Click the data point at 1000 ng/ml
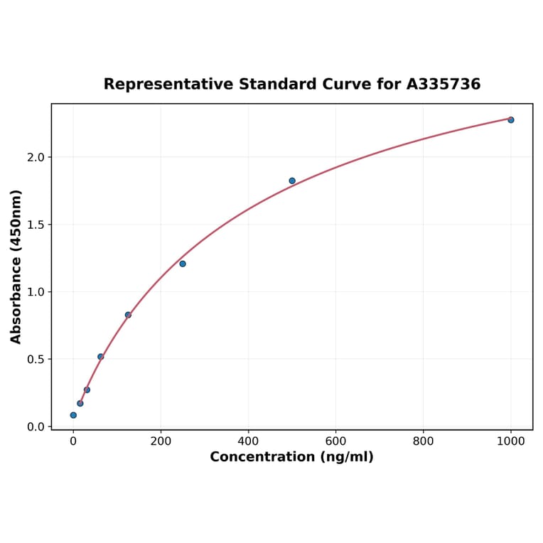pyautogui.click(x=510, y=120)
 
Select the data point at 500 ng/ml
pyautogui.click(x=292, y=181)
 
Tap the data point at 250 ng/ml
pyautogui.click(x=183, y=264)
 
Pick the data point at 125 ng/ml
pyautogui.click(x=128, y=315)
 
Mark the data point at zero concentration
pyautogui.click(x=73, y=415)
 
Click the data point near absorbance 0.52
pyautogui.click(x=100, y=357)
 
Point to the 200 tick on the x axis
pyautogui.click(x=161, y=441)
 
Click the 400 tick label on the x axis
pyautogui.click(x=248, y=441)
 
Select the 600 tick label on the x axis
pyautogui.click(x=335, y=441)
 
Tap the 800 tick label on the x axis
pyautogui.click(x=423, y=441)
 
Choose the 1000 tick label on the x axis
pyautogui.click(x=510, y=441)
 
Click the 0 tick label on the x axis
pyautogui.click(x=73, y=441)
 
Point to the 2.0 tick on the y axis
pyautogui.click(x=36, y=157)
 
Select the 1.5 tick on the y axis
pyautogui.click(x=36, y=225)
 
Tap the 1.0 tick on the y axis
pyautogui.click(x=36, y=292)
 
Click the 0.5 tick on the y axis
pyautogui.click(x=36, y=360)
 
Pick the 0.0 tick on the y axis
pyautogui.click(x=36, y=426)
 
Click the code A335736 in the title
pyautogui.click(x=443, y=85)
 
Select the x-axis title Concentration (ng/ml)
pyautogui.click(x=291, y=457)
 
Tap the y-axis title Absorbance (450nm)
pyautogui.click(x=16, y=267)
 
